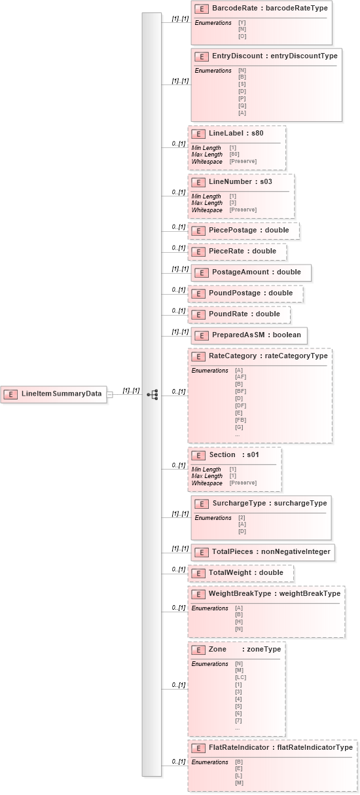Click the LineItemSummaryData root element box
click(x=54, y=394)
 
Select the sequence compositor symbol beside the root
click(x=152, y=394)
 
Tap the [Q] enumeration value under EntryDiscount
click(x=242, y=105)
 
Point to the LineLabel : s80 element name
click(x=236, y=133)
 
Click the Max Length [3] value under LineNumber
click(x=232, y=203)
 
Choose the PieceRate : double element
click(x=237, y=251)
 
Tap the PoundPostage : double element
click(x=245, y=293)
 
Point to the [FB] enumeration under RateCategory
click(x=240, y=420)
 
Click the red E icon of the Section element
click(x=198, y=455)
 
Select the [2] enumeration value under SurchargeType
click(x=242, y=517)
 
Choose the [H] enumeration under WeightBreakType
click(x=238, y=621)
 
